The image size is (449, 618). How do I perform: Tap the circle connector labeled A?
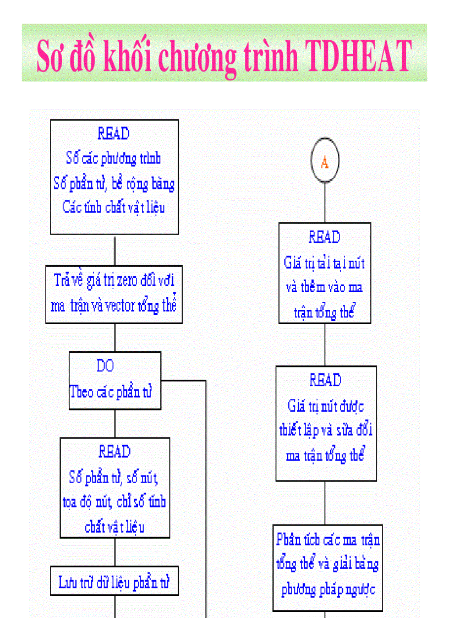(325, 161)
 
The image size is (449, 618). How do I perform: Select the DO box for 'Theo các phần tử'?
(115, 380)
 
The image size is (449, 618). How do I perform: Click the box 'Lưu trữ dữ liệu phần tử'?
(114, 581)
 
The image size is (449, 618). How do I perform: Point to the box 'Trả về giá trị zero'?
(114, 294)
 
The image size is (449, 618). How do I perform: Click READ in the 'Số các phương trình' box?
(113, 134)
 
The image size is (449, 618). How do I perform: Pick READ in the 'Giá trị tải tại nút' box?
(325, 238)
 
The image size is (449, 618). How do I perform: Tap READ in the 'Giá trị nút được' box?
(326, 380)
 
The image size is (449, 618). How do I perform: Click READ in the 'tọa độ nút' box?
(114, 452)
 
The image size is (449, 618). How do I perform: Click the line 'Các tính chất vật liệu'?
(113, 208)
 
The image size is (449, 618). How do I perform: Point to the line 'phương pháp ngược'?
(328, 590)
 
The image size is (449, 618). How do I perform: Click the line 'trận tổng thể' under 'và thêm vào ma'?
(325, 313)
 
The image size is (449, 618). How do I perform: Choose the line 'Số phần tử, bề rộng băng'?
(114, 183)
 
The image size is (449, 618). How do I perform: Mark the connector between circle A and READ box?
(325, 203)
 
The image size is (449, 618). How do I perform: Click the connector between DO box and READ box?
(115, 424)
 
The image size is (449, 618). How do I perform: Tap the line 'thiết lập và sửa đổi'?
(326, 430)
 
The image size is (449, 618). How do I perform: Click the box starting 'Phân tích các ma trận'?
(327, 567)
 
